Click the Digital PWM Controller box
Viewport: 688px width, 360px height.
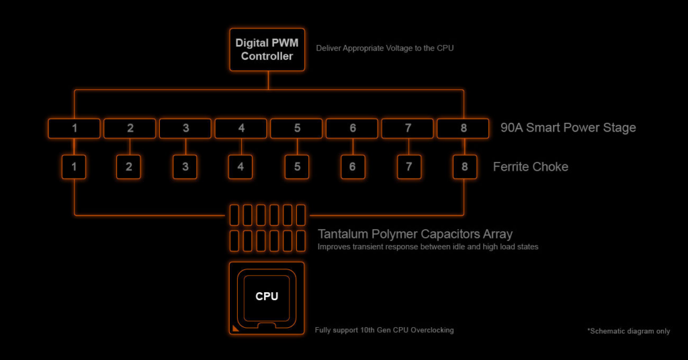[267, 50]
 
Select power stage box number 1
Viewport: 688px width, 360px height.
[74, 128]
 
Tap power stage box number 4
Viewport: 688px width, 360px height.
[241, 128]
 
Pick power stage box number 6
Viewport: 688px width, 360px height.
[352, 128]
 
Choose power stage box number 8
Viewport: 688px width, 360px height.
[463, 128]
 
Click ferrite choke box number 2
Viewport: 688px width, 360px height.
[129, 167]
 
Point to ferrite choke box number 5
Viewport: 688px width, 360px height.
[296, 167]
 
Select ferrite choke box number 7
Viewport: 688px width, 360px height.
[408, 167]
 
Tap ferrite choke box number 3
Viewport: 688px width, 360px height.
[185, 167]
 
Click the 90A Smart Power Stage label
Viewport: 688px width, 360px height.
[568, 128]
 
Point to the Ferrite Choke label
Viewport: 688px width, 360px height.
[530, 167]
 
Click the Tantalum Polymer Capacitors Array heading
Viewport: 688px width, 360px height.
[415, 234]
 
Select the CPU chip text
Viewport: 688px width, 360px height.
[267, 296]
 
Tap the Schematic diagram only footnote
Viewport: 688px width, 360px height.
[628, 331]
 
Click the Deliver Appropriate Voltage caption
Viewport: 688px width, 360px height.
[380, 49]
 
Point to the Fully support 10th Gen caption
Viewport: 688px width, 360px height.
[384, 330]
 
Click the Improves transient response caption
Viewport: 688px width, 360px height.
[427, 247]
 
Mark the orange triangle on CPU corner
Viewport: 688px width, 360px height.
[234, 328]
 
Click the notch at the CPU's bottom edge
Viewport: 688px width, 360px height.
[267, 326]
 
